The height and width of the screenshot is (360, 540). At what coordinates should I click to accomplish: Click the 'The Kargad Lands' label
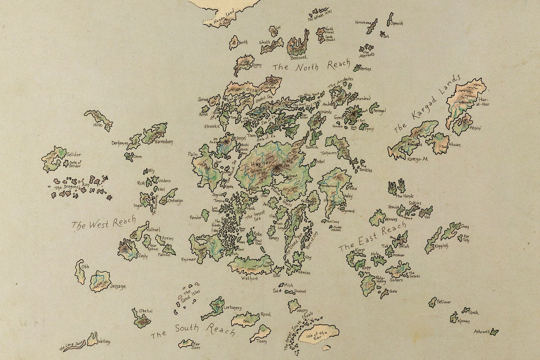427,103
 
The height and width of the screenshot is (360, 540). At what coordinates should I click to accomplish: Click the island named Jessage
100,281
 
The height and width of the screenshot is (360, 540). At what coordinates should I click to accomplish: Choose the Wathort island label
250,278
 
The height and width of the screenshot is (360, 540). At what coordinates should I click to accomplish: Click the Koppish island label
441,246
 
